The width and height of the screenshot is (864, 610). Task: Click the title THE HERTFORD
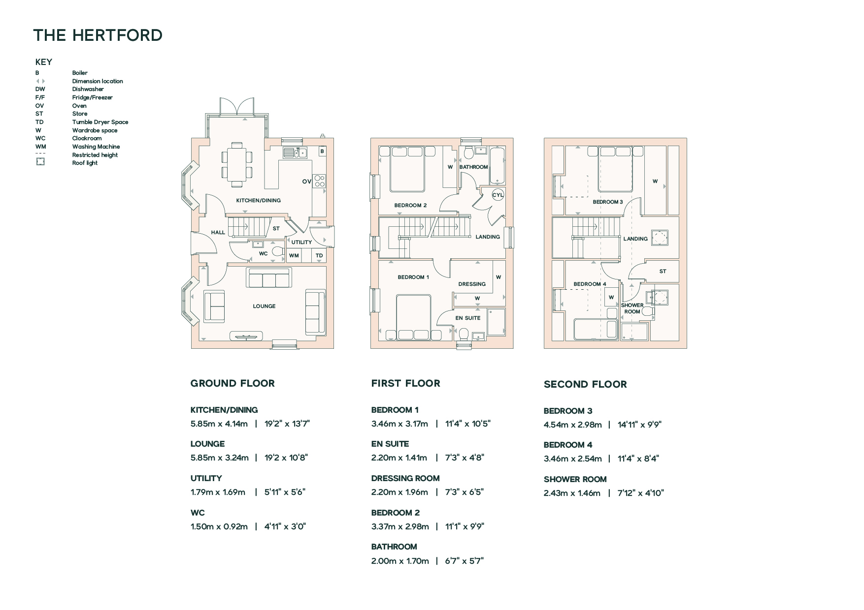tap(98, 35)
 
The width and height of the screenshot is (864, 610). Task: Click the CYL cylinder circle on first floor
tap(498, 195)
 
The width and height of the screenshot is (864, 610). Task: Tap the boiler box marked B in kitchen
tap(322, 152)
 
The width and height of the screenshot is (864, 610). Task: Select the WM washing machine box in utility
tap(294, 255)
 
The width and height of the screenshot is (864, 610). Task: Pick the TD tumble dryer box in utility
tap(319, 255)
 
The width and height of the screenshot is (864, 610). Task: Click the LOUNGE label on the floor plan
tap(264, 306)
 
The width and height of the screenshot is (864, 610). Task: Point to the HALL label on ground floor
tap(218, 232)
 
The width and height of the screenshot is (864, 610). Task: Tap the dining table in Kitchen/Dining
tap(237, 164)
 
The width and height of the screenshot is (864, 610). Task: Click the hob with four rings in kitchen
tap(320, 181)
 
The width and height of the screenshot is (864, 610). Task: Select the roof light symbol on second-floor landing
tap(659, 238)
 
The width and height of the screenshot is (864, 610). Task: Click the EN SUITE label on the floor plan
tap(467, 318)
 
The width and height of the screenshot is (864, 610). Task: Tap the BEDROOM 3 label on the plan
tap(607, 202)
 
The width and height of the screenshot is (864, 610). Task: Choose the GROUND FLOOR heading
tap(233, 383)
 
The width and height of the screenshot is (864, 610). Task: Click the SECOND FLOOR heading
tap(585, 384)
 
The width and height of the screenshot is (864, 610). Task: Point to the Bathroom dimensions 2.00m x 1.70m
tap(400, 561)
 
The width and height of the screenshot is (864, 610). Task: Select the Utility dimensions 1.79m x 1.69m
tap(218, 492)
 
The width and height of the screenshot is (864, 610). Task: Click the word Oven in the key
tap(79, 106)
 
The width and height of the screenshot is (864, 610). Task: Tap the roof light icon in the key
tap(40, 162)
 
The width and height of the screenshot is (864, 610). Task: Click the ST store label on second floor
tap(663, 271)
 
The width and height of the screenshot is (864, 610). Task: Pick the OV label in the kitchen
tap(306, 182)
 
